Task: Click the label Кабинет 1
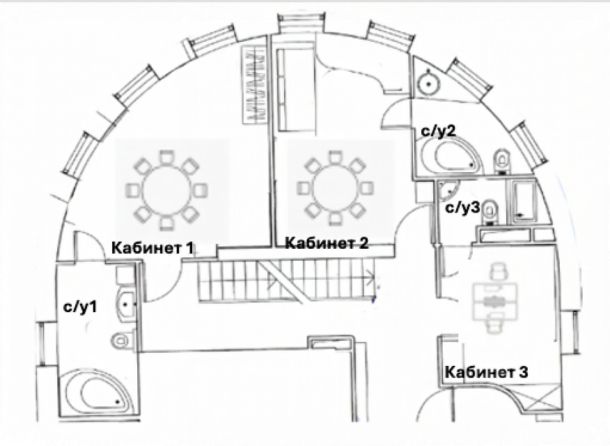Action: (x=152, y=248)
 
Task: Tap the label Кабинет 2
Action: (x=327, y=243)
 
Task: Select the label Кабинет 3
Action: (x=486, y=372)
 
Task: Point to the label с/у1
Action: (x=80, y=307)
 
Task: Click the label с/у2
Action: (x=438, y=131)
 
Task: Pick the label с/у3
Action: (x=463, y=208)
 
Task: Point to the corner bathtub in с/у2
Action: (x=451, y=155)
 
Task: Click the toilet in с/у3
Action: (x=490, y=212)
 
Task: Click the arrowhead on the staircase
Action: (x=370, y=277)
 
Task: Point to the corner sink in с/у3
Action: (x=447, y=190)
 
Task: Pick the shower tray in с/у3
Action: (x=522, y=201)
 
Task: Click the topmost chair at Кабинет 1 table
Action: (x=166, y=158)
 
